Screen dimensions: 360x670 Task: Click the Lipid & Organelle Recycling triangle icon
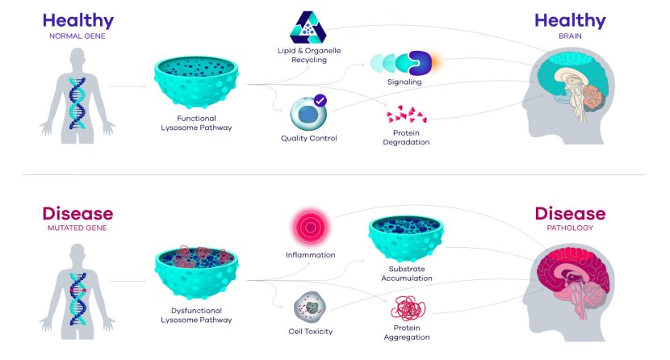(x=311, y=28)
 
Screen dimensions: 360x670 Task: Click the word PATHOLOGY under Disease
(x=569, y=228)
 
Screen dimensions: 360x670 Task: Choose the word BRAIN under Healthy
(x=569, y=36)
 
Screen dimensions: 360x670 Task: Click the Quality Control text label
(x=308, y=138)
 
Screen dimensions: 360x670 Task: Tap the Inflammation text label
(x=310, y=255)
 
